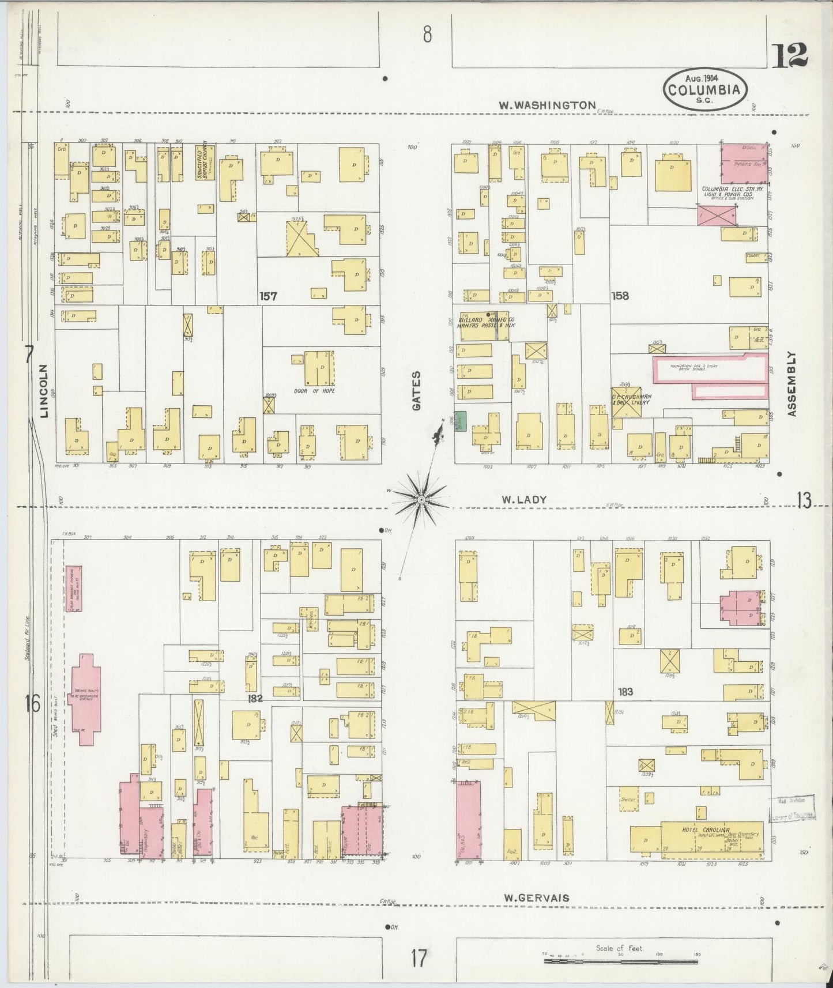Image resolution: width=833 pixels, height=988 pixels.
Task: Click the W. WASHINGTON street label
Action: click(x=547, y=105)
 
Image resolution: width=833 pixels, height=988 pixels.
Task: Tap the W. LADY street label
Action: click(x=523, y=500)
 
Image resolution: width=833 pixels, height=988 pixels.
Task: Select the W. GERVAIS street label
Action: click(x=536, y=898)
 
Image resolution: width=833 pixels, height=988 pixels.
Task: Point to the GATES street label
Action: click(x=416, y=391)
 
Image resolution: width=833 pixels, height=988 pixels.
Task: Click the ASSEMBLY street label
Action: click(x=791, y=384)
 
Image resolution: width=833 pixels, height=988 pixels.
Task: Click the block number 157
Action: click(x=268, y=296)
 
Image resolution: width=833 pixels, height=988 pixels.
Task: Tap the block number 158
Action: click(x=620, y=296)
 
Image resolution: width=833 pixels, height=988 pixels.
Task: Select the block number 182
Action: click(x=255, y=699)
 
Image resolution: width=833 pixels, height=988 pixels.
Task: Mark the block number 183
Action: click(x=625, y=692)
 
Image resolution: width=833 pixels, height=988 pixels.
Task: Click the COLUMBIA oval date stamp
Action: click(x=705, y=89)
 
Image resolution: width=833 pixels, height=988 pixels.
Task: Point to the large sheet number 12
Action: click(x=789, y=56)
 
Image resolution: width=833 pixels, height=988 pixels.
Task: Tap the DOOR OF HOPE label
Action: click(x=314, y=391)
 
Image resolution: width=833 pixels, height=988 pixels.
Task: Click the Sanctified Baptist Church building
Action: click(x=205, y=164)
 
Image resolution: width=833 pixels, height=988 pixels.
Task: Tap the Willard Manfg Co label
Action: click(x=487, y=323)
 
